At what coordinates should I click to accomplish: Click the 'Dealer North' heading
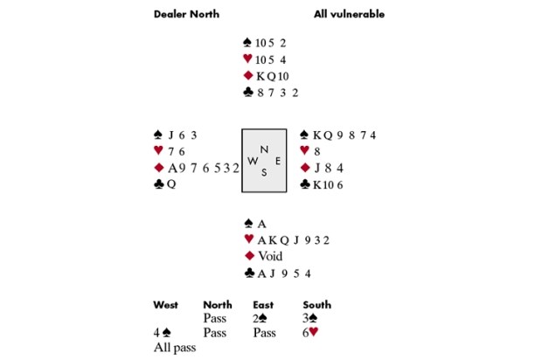[186, 14]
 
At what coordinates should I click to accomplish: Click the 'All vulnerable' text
[349, 14]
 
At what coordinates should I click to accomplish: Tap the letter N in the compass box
[264, 149]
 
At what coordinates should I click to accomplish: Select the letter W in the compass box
[253, 161]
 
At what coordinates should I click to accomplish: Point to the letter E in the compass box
[278, 161]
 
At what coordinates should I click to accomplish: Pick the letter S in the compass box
[264, 172]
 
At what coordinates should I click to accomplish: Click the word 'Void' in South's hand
[270, 256]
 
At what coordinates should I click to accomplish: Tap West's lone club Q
[171, 184]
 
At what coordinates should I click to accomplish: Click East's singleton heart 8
[317, 151]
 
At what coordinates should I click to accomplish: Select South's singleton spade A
[261, 224]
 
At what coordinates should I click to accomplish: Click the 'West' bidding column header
[165, 305]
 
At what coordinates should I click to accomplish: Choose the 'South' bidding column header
[317, 305]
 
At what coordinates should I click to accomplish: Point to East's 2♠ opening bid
[260, 318]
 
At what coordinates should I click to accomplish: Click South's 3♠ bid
[309, 318]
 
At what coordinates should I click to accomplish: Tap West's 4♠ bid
[162, 333]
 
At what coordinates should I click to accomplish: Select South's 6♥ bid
[310, 332]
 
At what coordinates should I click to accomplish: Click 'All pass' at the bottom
[175, 348]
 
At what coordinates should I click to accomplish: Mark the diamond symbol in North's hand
[248, 75]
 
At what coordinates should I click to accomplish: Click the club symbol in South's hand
[249, 273]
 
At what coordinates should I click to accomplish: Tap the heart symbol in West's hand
[158, 150]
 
